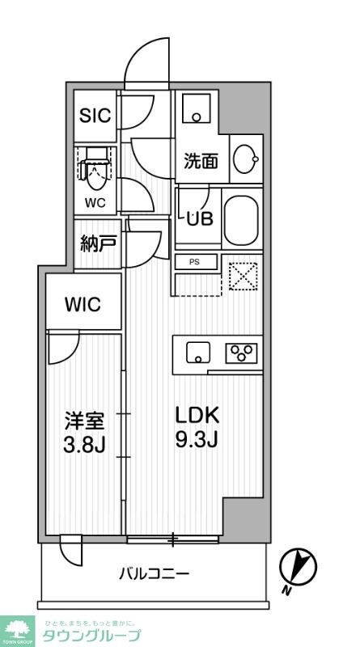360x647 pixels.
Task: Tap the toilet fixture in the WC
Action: [x=95, y=166]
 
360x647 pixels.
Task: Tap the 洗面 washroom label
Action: [x=201, y=161]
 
